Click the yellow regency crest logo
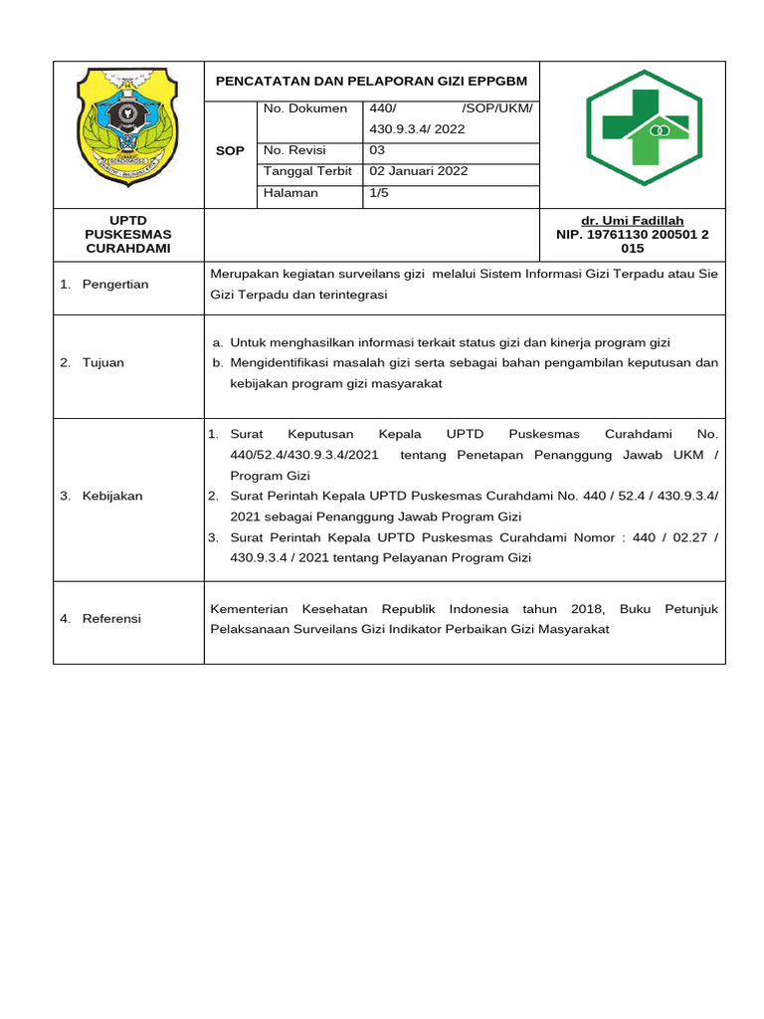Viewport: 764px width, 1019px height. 127,128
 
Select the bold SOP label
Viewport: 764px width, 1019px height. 230,151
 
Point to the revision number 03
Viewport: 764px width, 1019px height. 377,150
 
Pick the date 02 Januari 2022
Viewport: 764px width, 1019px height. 419,171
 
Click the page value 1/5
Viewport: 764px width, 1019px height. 379,193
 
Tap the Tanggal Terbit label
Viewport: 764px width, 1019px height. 307,171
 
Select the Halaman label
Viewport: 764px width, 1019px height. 290,193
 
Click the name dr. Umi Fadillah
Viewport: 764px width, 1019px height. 632,221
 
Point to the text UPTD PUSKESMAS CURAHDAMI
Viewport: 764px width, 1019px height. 127,234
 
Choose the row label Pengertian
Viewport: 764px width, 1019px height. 115,285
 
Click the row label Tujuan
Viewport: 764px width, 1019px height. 103,363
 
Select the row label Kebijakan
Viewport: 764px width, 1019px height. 112,497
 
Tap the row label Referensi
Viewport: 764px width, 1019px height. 111,619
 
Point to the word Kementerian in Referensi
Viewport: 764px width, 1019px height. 249,609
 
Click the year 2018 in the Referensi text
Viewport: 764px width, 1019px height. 588,609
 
